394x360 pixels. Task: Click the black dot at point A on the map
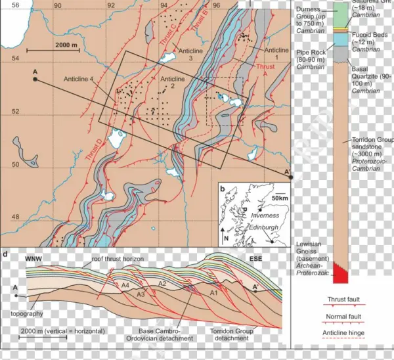coord(35,79)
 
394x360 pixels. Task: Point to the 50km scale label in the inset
coord(280,198)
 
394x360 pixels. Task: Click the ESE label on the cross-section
coord(257,258)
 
